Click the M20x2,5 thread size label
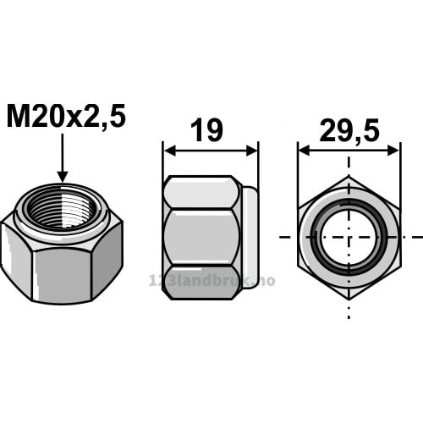tap(66, 116)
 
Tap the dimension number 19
tap(206, 130)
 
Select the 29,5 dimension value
tap(349, 130)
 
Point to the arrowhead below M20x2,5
tap(63, 177)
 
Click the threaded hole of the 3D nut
tap(63, 209)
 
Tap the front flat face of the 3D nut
tap(63, 273)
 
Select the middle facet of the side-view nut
tap(201, 238)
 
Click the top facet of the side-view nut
tap(201, 193)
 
